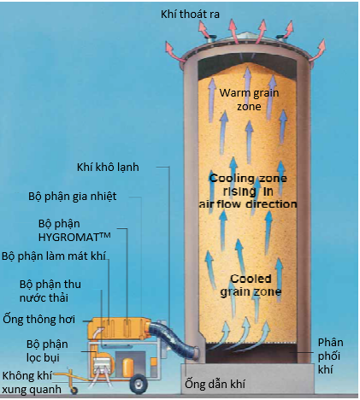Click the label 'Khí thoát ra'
tap(190, 15)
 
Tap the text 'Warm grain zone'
tap(249, 100)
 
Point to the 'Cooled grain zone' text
tap(251, 285)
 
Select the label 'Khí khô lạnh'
tap(108, 168)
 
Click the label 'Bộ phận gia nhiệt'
tap(73, 197)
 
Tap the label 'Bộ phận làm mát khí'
tap(54, 256)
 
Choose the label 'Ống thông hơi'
tap(39, 320)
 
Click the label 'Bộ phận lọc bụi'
tap(47, 351)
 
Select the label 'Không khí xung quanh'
tap(32, 382)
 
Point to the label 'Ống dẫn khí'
tap(215, 384)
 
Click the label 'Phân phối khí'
tap(330, 356)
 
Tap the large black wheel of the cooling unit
tap(139, 383)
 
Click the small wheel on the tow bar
tap(74, 391)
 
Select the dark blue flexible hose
tap(174, 338)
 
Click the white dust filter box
tap(102, 364)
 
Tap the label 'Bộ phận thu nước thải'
tap(50, 291)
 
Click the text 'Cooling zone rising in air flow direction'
tap(248, 191)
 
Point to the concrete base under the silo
tap(247, 379)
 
